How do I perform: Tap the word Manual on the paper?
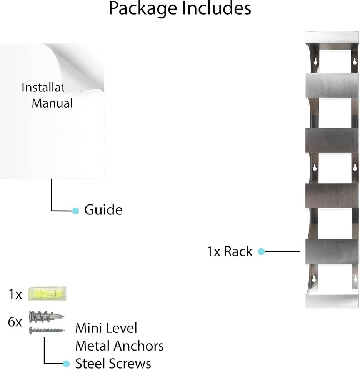(x=52, y=103)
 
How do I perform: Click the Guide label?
(x=103, y=210)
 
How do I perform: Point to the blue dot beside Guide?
(x=76, y=211)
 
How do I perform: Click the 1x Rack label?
(x=230, y=251)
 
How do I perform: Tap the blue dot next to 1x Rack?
(x=261, y=252)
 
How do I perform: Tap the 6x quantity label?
(x=15, y=322)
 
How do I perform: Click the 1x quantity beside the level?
(x=15, y=294)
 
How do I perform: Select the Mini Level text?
(x=106, y=328)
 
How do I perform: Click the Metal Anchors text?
(x=119, y=346)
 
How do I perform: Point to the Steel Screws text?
(x=113, y=363)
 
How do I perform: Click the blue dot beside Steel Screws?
(x=66, y=363)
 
